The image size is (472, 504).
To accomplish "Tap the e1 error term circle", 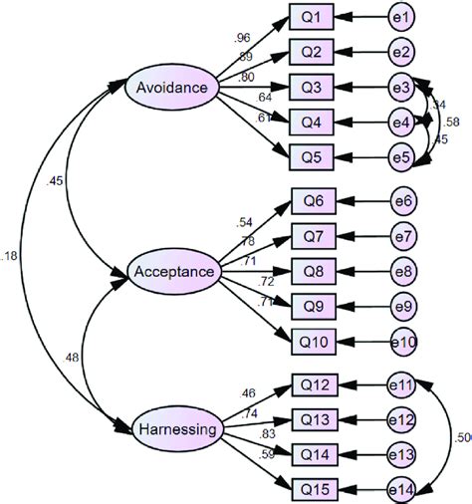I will (x=404, y=17).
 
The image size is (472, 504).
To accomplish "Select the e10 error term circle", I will (x=406, y=341).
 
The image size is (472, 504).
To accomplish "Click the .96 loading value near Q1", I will (x=242, y=38).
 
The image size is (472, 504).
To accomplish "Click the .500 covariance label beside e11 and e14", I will (x=462, y=436).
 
